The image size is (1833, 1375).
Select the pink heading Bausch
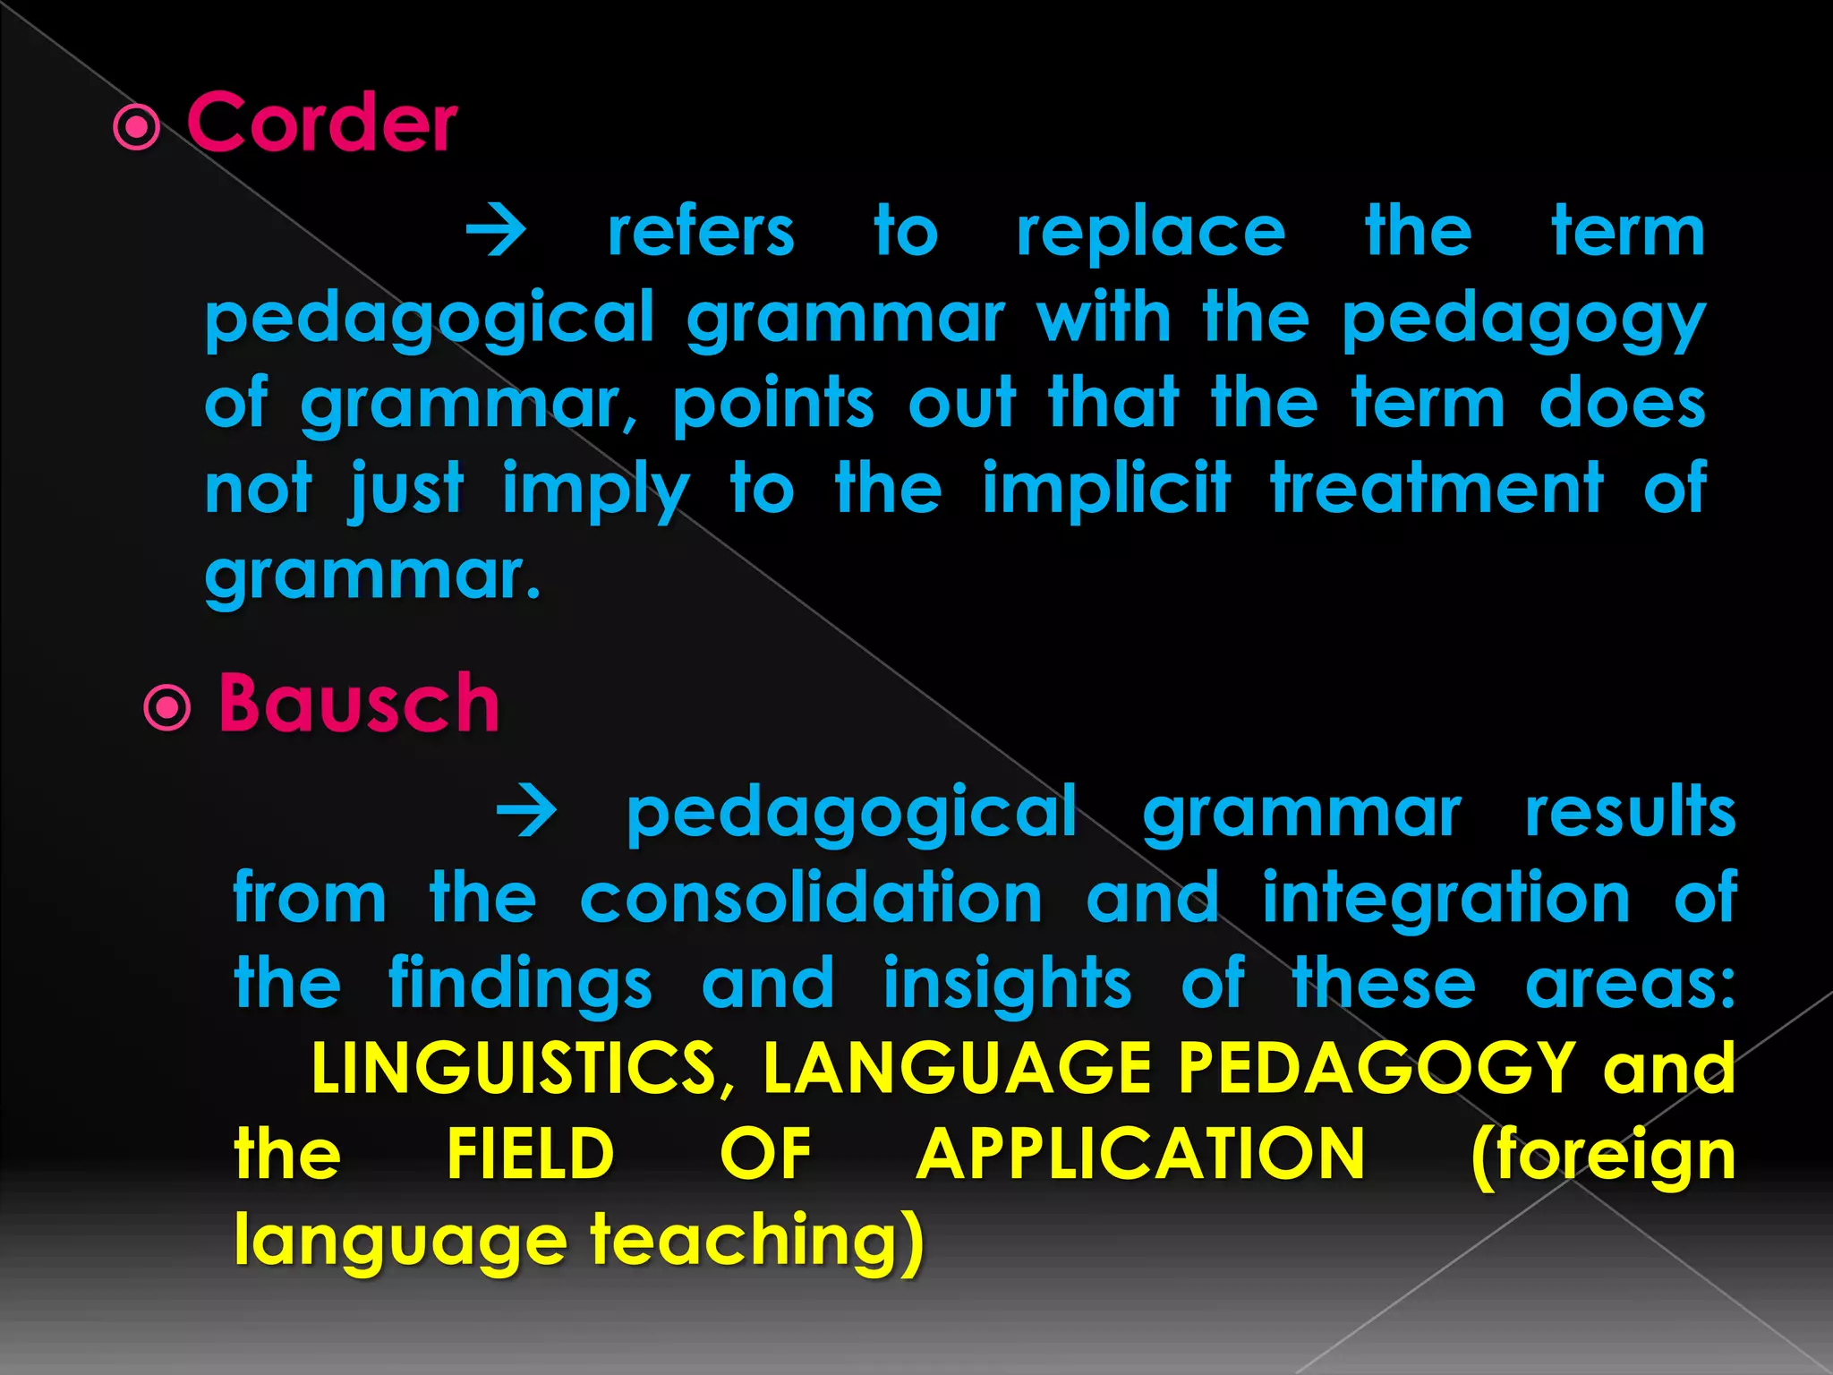click(358, 704)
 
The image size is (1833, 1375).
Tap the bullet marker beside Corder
click(137, 128)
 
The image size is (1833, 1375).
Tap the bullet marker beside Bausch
click(167, 709)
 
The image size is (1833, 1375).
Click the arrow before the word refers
click(497, 232)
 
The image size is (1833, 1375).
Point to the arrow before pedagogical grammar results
click(527, 812)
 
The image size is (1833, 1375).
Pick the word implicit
click(1106, 488)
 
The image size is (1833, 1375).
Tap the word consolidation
click(811, 897)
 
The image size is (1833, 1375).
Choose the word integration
click(1446, 897)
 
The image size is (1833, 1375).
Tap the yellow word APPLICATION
click(1141, 1154)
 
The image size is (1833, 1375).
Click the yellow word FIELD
click(531, 1154)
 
